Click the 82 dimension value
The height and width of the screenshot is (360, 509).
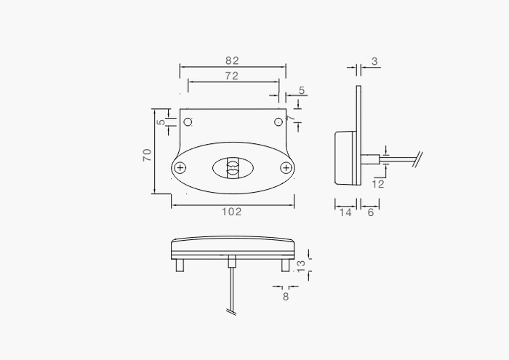point(232,61)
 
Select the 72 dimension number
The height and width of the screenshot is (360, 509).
point(232,76)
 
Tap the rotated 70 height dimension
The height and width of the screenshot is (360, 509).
point(148,154)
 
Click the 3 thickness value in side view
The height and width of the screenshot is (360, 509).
point(374,62)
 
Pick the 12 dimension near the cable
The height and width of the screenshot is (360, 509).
point(377,184)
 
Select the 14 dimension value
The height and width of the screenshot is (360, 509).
point(345,212)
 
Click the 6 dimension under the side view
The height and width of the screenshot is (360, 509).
point(370,212)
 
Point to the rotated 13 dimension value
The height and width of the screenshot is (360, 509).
point(301,265)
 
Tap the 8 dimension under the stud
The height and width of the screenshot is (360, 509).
point(285,296)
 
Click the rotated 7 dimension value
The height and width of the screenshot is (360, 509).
point(290,117)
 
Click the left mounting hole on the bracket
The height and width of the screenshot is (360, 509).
point(188,121)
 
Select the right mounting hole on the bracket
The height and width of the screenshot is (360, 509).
point(278,121)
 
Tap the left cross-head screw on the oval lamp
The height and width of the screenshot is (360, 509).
point(181,168)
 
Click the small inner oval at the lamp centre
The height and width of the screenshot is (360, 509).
point(233,169)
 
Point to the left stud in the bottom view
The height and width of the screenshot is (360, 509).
point(180,266)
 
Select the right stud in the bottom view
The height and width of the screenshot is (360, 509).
point(285,266)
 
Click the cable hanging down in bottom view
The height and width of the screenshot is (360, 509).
point(231,291)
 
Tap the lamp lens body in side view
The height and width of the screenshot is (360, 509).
point(344,157)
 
